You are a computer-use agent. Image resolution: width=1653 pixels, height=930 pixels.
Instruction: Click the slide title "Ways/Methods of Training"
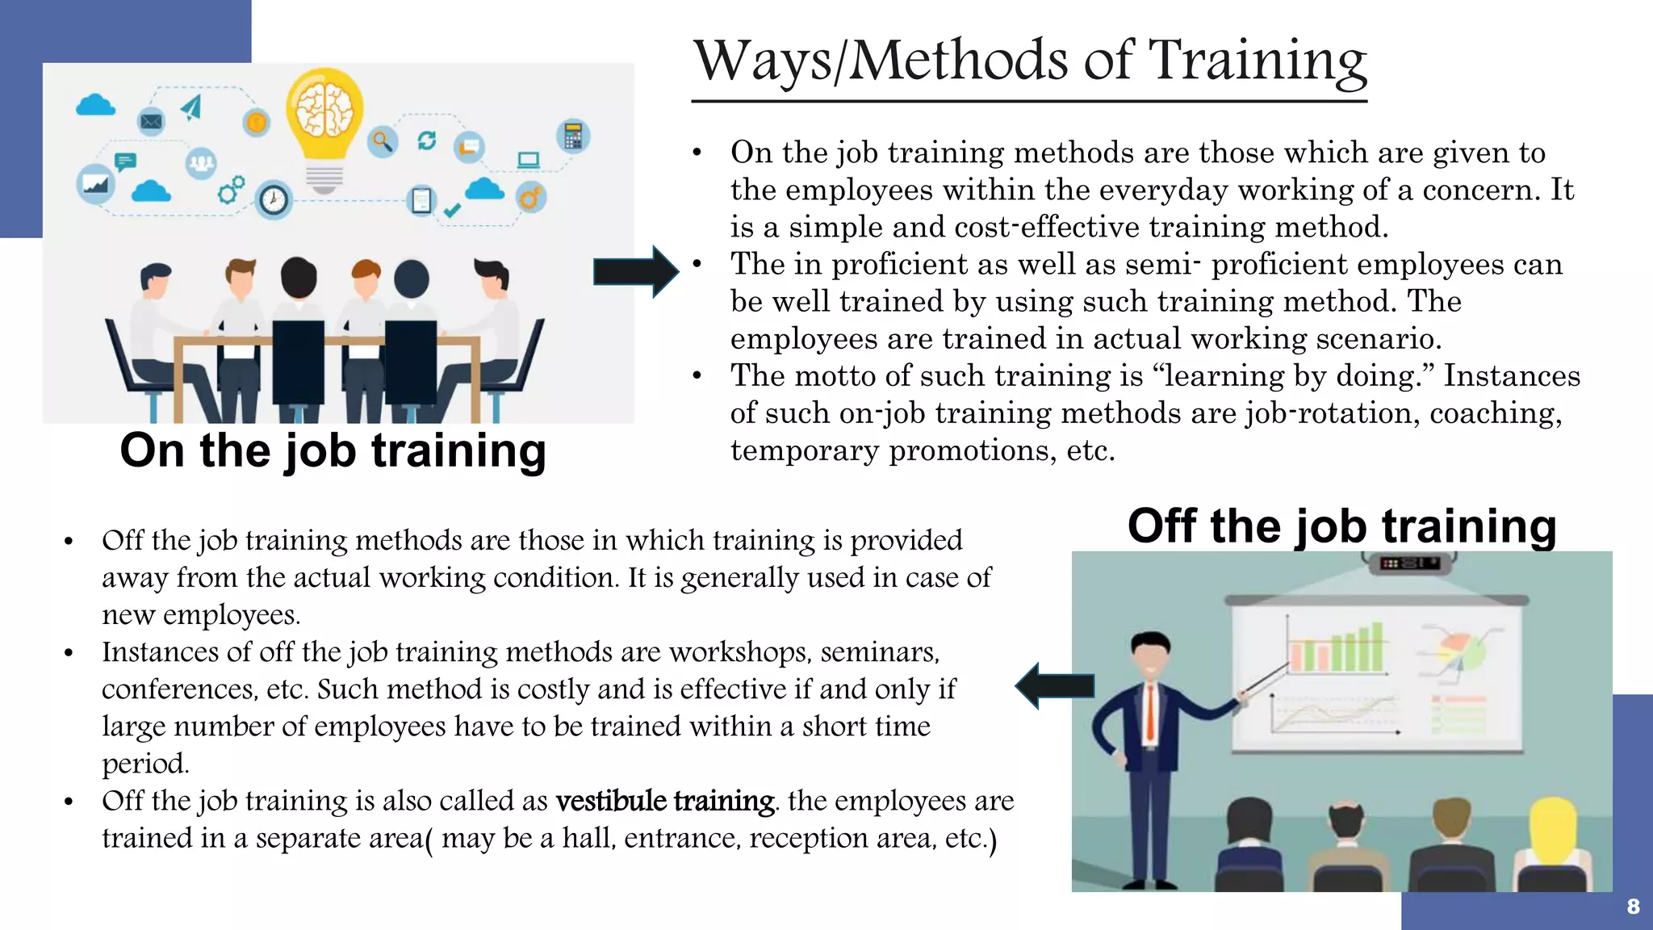point(1030,61)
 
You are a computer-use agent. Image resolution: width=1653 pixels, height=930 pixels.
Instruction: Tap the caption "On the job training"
point(333,450)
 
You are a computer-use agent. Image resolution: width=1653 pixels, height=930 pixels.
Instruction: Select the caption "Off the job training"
point(1341,526)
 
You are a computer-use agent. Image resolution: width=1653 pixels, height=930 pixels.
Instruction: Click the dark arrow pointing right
point(635,271)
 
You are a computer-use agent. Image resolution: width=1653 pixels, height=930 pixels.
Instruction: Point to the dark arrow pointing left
point(1054,686)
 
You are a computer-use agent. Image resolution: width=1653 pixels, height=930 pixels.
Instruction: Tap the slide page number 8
point(1633,907)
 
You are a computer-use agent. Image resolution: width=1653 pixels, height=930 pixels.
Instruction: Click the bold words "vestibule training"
point(665,801)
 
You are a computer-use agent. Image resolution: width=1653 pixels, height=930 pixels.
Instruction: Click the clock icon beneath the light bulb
point(274,199)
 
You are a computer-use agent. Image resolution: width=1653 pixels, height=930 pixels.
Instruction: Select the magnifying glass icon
point(383,142)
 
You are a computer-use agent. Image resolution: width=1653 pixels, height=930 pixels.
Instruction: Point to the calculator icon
point(573,136)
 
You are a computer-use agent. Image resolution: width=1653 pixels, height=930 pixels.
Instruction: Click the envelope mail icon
point(151,122)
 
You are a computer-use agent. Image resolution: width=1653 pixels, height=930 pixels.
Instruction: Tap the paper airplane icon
point(191,107)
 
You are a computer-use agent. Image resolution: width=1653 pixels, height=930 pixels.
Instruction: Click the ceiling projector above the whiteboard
point(1408,563)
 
